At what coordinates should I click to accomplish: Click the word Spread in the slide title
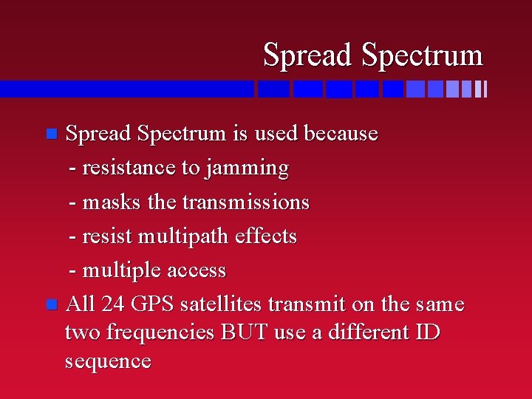pos(309,55)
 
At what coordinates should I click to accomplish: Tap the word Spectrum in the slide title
pos(422,55)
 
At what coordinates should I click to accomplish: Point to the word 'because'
pos(341,134)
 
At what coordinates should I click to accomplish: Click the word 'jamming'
pos(248,168)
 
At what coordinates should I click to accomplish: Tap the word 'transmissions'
pos(245,202)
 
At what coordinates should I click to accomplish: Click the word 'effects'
pos(272,236)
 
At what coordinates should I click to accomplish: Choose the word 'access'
pos(196,270)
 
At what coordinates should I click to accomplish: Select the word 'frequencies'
pos(161,332)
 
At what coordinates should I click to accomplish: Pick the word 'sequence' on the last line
pos(108,361)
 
